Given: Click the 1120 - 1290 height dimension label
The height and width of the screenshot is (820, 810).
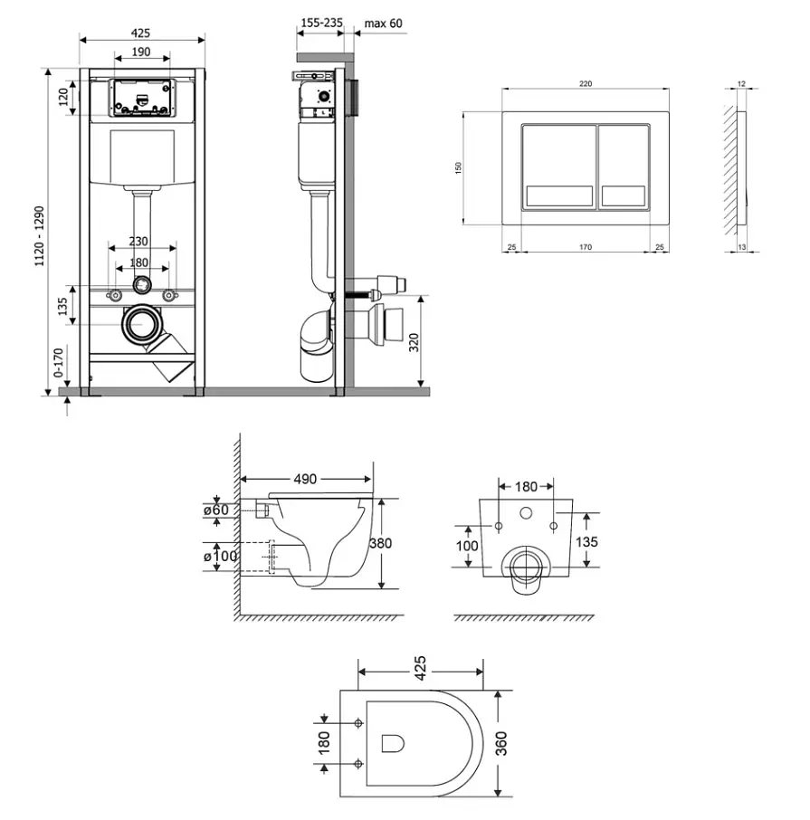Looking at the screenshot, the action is tap(40, 236).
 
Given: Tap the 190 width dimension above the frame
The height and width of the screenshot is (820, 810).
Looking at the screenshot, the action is tap(140, 52).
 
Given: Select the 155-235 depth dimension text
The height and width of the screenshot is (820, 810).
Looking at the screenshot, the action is tap(321, 23).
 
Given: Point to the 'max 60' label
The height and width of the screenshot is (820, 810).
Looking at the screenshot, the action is tap(384, 23).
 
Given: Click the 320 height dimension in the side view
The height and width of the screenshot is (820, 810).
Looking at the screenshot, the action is tap(415, 342).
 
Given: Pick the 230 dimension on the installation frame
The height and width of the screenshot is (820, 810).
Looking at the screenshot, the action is tap(138, 241).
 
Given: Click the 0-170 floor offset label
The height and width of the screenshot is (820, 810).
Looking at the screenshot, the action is tap(58, 362).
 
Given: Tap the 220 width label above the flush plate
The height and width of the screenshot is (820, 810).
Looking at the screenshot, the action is tap(586, 83).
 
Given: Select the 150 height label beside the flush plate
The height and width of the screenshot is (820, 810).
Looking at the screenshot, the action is tap(459, 167).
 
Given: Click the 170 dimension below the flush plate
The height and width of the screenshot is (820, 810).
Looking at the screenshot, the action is tap(586, 247).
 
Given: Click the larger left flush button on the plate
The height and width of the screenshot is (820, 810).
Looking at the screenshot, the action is tap(558, 167).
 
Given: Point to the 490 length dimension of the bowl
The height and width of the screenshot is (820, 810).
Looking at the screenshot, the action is tap(305, 479).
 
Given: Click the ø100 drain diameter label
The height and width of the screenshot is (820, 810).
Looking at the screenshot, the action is tap(220, 556).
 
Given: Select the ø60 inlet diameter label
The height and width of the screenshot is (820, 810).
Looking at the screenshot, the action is tap(216, 510).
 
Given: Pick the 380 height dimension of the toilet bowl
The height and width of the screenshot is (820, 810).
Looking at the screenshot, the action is tap(380, 543).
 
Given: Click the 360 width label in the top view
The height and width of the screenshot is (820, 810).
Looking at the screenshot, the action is tap(501, 743).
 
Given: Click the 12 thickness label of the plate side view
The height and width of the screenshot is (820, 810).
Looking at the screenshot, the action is tap(741, 83).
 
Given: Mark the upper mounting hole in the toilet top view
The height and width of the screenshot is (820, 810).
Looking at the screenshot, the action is tap(358, 723).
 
